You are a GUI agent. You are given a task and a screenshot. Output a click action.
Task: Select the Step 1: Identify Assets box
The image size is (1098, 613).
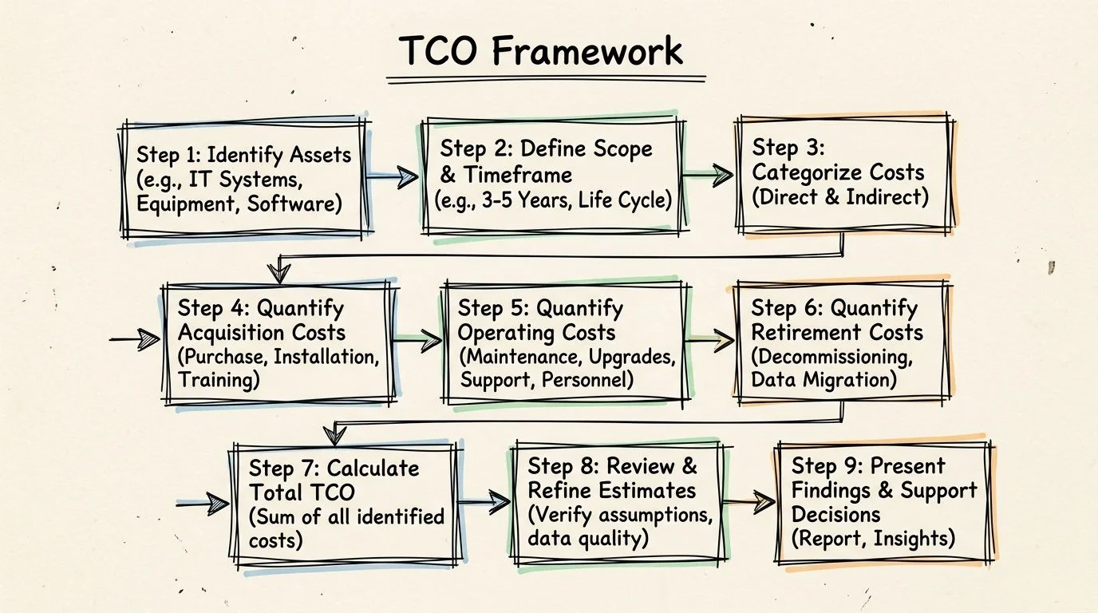[x=243, y=178]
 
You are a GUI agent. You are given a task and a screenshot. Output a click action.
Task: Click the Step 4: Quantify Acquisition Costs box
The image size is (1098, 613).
[x=278, y=344]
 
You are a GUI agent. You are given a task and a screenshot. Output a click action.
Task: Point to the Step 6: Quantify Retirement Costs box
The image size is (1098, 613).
[x=841, y=343]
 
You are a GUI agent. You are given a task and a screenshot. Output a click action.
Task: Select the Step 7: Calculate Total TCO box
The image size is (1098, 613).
[x=346, y=504]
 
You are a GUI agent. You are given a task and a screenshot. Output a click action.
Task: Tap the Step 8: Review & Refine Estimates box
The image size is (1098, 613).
[x=620, y=503]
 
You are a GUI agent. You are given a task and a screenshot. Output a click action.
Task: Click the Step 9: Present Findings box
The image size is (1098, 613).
[x=883, y=502]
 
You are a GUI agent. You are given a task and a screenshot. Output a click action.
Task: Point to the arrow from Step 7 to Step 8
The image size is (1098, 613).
[x=484, y=502]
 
